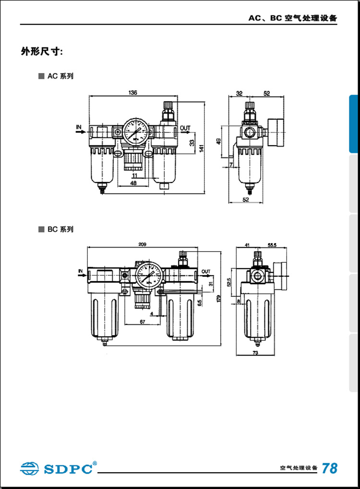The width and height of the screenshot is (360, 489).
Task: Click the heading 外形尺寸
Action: (42, 51)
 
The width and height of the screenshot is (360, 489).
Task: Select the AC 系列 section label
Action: (60, 76)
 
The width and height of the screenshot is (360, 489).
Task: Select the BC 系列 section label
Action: (60, 230)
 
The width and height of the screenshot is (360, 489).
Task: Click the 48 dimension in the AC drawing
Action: (133, 183)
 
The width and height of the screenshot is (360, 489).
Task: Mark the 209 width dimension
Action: (142, 244)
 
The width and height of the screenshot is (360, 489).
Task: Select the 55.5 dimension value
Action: (272, 245)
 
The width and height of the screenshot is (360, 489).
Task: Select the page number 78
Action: (329, 467)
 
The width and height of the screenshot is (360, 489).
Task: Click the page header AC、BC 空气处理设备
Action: (292, 18)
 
